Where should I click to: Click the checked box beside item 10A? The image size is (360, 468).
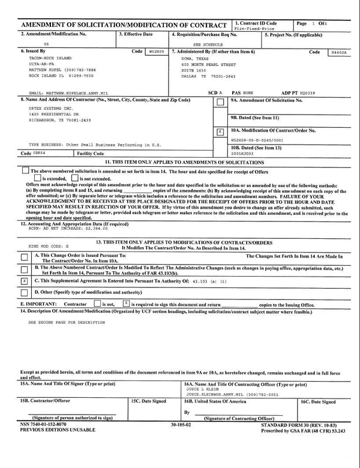[x=220, y=131]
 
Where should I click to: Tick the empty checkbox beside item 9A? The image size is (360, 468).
[x=220, y=103]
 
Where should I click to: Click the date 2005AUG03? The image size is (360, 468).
[x=243, y=153]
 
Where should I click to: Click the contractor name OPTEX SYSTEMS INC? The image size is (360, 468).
[x=49, y=108]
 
